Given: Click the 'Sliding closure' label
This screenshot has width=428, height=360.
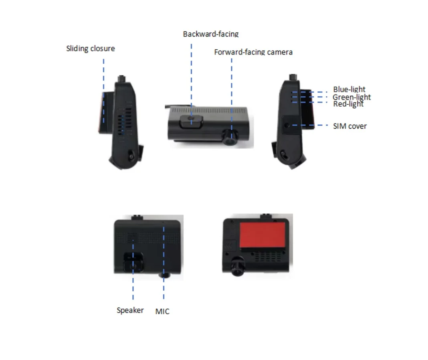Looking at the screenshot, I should pyautogui.click(x=91, y=49).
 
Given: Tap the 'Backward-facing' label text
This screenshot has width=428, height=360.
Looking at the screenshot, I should pyautogui.click(x=211, y=34).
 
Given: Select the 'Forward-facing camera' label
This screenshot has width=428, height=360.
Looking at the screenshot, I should pyautogui.click(x=253, y=52).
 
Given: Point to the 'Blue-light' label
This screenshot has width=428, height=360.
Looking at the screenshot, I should pyautogui.click(x=349, y=89).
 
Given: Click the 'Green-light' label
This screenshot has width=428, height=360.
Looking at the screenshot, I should pyautogui.click(x=351, y=97).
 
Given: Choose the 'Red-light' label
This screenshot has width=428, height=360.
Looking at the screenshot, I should pyautogui.click(x=348, y=104).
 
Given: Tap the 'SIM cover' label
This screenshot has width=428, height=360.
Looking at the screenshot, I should pyautogui.click(x=349, y=126).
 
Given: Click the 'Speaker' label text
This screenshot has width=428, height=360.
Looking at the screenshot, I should pyautogui.click(x=130, y=310).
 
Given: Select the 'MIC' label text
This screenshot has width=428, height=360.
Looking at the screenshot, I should pyautogui.click(x=162, y=311).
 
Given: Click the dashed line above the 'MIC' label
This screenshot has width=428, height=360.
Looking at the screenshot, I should pyautogui.click(x=164, y=261).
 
